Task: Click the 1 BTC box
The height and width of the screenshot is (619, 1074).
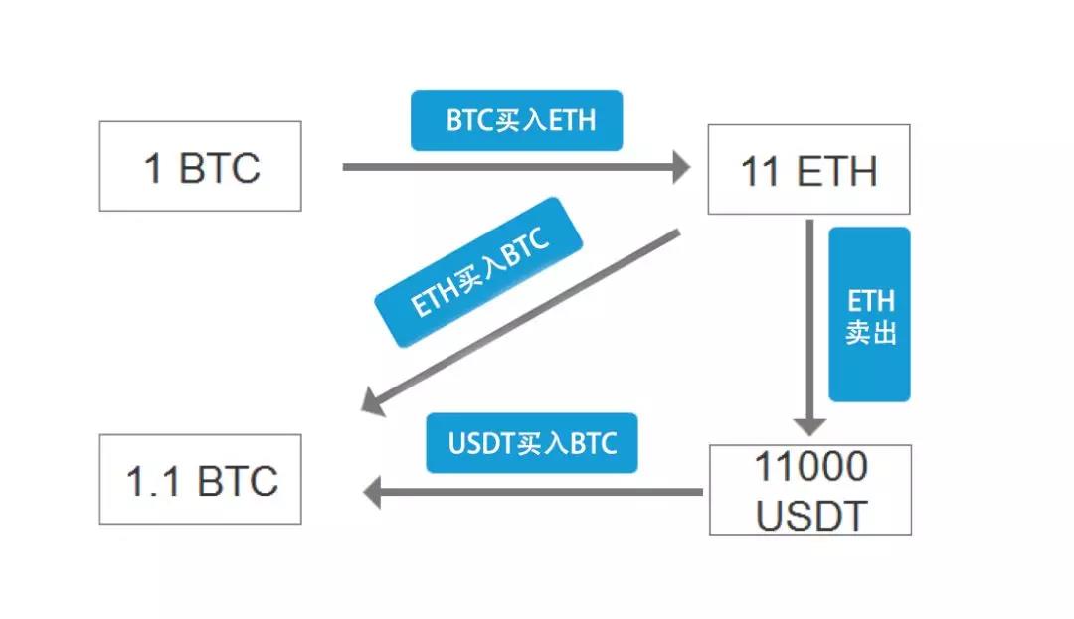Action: (x=200, y=166)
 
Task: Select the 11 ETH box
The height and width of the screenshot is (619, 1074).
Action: (x=808, y=169)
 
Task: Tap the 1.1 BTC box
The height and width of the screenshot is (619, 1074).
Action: (x=200, y=479)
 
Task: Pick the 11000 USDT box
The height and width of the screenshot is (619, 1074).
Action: (x=810, y=490)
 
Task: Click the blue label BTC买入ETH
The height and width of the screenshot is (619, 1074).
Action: (x=517, y=121)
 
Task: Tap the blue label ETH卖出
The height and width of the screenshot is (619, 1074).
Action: (x=870, y=315)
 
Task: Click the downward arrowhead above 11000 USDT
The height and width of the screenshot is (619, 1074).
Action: (x=810, y=424)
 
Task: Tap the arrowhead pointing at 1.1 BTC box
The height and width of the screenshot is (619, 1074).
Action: (x=372, y=492)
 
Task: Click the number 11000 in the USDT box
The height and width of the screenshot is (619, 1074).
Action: (x=810, y=466)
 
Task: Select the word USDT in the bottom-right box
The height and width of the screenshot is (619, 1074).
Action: (x=810, y=516)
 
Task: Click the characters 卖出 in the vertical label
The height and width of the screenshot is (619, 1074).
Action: (x=871, y=332)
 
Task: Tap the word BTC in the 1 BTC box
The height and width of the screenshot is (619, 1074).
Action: (x=219, y=168)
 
